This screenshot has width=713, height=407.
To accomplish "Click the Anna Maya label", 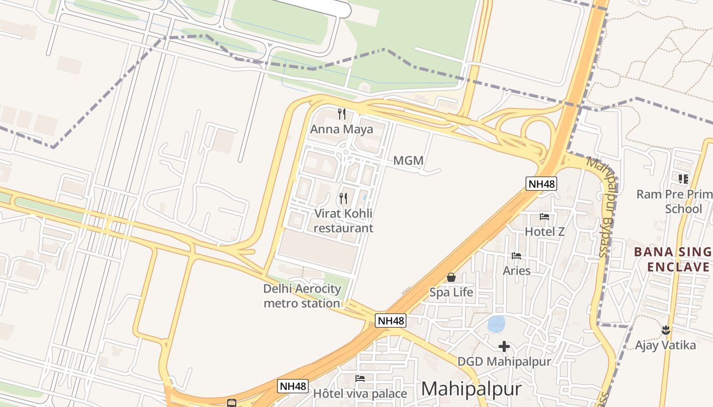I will coord(341,129).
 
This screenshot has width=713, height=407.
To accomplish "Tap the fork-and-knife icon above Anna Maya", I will coord(342,114).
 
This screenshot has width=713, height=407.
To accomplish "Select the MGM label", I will coord(408,161).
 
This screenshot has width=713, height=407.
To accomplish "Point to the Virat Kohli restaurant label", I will coord(343,221).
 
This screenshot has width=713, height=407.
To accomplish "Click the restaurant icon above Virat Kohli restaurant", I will coord(344,198).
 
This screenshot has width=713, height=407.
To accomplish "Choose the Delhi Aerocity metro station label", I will coord(302,296).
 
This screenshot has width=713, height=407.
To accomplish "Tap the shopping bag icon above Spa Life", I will coord(451,277).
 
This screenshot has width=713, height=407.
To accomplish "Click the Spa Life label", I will coord(451,293).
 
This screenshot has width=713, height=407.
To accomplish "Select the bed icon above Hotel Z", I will coord(544,217).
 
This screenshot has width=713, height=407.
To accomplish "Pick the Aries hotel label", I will coord(517,271).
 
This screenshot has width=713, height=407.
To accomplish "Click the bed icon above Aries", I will coord(517,256).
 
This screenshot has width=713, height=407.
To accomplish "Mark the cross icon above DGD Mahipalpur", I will coord(504,347).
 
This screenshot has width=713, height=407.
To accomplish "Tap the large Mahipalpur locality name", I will coord(471,389).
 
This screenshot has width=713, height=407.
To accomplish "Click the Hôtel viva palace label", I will coord(360,394).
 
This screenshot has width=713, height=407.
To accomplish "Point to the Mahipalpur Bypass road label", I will coord(602,206).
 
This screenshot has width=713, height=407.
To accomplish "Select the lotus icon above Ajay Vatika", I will coord(665,330).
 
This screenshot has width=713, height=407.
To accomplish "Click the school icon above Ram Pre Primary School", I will coord(683,179).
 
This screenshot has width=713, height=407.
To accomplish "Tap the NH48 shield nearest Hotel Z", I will coord(541,184).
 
